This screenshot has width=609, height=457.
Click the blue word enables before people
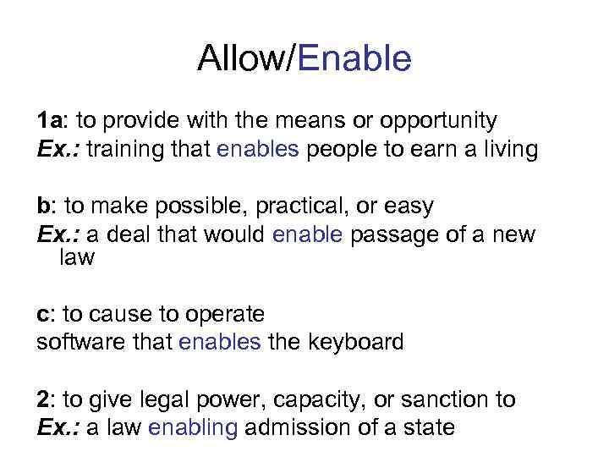click(258, 150)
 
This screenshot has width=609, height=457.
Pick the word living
click(505, 150)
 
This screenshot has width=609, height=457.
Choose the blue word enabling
click(192, 428)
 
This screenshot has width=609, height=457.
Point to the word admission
click(299, 427)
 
